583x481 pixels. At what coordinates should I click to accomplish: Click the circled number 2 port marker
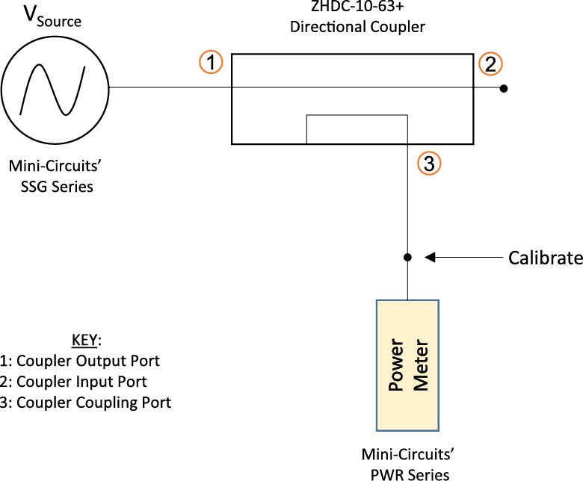click(490, 64)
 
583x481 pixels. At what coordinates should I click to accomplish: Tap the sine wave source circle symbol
click(55, 87)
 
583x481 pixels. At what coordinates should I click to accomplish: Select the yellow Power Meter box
click(407, 364)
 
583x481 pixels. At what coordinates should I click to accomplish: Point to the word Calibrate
click(545, 258)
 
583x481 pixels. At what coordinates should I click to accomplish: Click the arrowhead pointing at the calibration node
click(431, 258)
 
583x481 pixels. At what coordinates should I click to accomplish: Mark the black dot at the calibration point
click(407, 258)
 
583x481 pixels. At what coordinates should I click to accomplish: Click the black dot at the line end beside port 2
click(504, 88)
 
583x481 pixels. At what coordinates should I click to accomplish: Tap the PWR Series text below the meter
click(410, 473)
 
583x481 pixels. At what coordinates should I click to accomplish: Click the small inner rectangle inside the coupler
click(357, 129)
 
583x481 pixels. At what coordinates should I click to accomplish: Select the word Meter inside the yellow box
click(418, 364)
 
